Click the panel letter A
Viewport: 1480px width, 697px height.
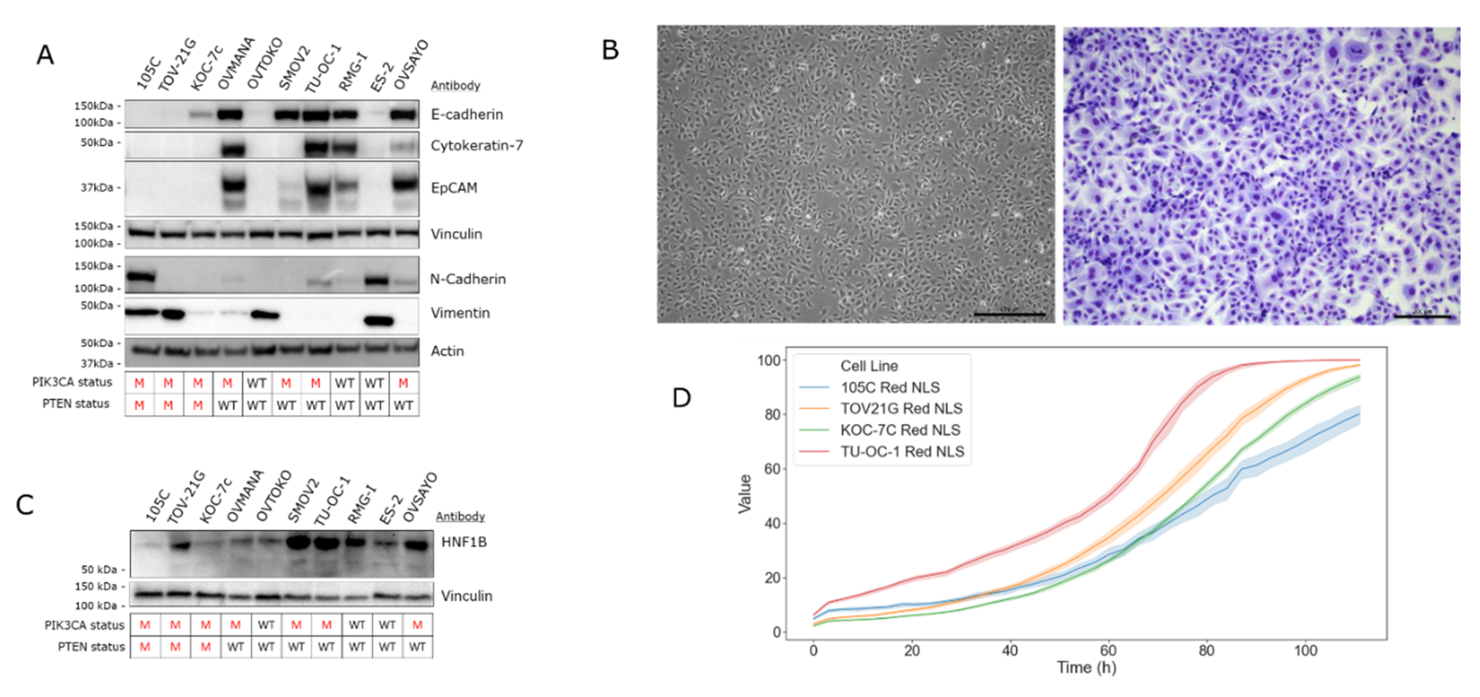(x=45, y=55)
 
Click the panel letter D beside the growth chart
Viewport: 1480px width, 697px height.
(x=681, y=397)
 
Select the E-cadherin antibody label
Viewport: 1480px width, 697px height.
(x=466, y=115)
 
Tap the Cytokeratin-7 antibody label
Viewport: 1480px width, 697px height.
(x=476, y=146)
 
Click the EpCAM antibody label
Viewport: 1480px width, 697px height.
(x=453, y=188)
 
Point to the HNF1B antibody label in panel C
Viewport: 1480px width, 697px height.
(x=463, y=542)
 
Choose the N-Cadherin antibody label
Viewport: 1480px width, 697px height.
(x=468, y=279)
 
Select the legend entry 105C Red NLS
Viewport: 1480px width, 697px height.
(x=890, y=388)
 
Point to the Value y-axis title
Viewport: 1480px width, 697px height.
(x=745, y=493)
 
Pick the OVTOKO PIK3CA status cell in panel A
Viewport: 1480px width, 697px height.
(x=256, y=383)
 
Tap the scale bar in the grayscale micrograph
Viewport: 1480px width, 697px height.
(x=1010, y=314)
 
